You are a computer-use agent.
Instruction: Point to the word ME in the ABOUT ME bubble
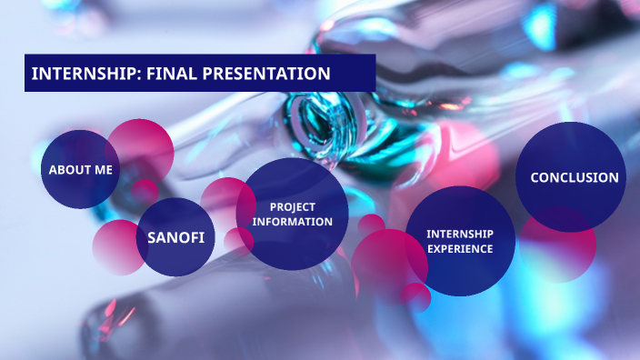[102, 170]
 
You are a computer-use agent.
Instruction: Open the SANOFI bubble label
[175, 238]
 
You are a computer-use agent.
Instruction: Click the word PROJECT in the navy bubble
[292, 207]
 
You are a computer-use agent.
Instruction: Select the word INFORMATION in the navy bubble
[292, 222]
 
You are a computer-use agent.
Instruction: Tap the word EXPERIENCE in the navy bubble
[460, 248]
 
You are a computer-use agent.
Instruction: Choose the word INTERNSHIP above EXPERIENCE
[460, 234]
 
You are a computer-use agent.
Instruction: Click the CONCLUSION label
[575, 178]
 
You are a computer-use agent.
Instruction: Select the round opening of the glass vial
[325, 118]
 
